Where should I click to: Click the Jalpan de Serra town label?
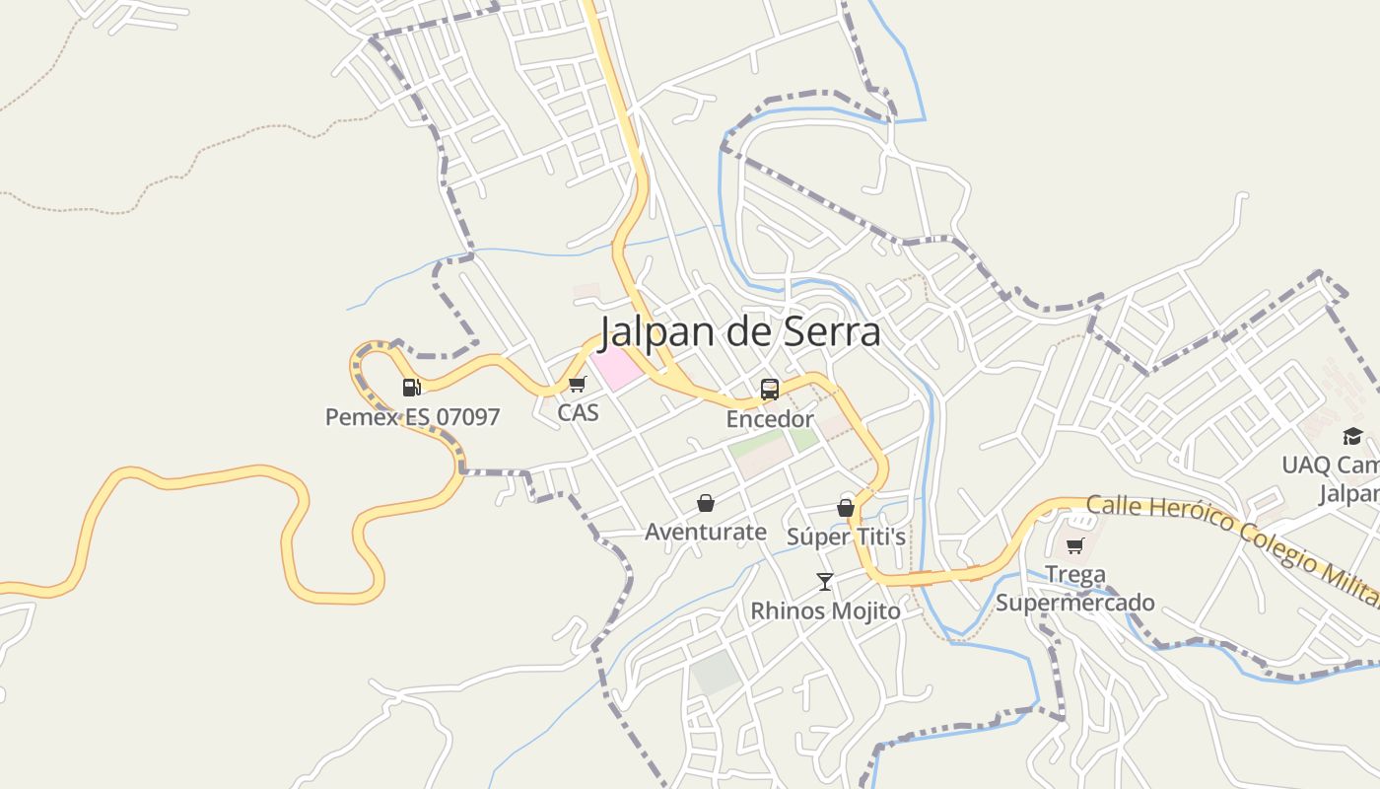tap(740, 331)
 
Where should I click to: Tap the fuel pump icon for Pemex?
tap(411, 388)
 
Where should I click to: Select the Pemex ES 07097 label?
tap(413, 417)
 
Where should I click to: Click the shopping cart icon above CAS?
tap(577, 385)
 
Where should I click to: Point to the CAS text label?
tap(578, 412)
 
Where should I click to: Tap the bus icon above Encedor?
tap(770, 390)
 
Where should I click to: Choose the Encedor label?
tap(770, 419)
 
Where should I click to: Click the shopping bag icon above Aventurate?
tap(706, 504)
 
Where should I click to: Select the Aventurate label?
tap(706, 533)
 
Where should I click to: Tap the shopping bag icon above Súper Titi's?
tap(846, 508)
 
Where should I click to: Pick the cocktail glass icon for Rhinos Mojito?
tap(825, 582)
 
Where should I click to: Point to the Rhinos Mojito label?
tap(825, 611)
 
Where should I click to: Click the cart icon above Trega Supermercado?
tap(1075, 545)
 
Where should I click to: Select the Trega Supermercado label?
tap(1075, 588)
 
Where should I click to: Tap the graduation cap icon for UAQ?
tap(1352, 436)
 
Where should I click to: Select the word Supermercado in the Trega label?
tap(1075, 603)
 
